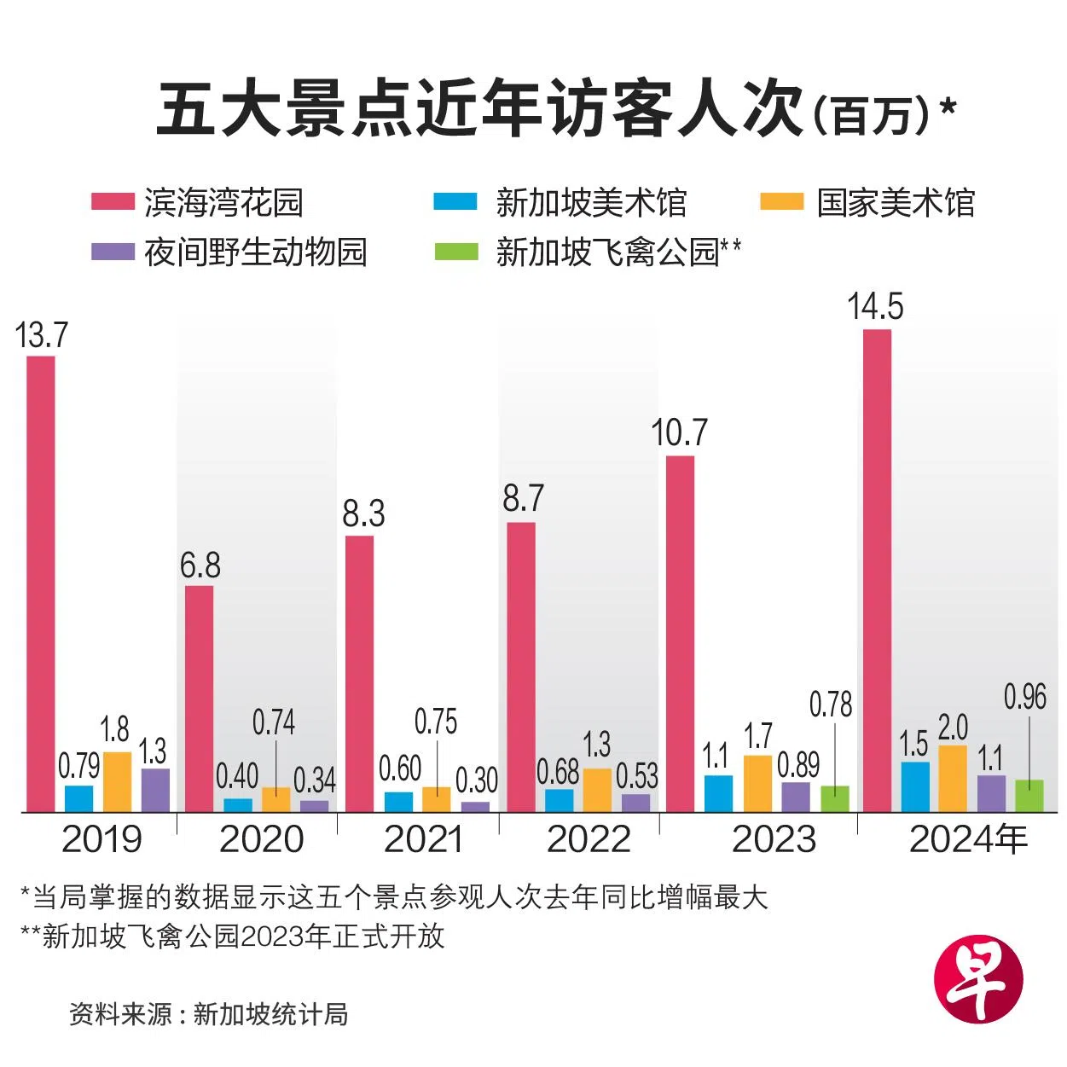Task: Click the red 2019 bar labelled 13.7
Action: tap(40, 583)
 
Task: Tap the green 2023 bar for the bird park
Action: tap(835, 797)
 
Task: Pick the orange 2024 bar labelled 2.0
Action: tap(953, 778)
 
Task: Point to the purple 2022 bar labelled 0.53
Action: tap(635, 802)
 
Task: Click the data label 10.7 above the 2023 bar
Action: tap(679, 433)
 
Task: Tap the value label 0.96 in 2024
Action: tap(1024, 697)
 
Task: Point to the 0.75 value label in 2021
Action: tap(436, 722)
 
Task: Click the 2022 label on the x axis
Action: tap(589, 839)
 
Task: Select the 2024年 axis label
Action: tap(968, 839)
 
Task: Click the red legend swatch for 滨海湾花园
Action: tap(113, 202)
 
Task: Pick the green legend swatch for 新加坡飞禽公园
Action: tap(456, 252)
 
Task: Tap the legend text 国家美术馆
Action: tap(896, 203)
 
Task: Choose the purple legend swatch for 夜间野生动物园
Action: tap(113, 252)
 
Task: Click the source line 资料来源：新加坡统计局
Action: tap(209, 1014)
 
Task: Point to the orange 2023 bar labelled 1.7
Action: tap(757, 782)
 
